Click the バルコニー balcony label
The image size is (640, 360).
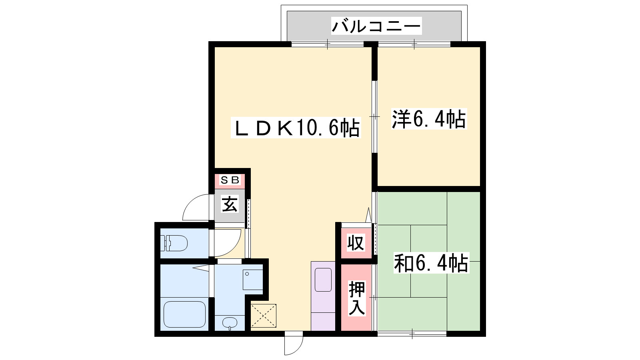[x=376, y=26]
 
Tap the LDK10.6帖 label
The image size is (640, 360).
[x=296, y=128]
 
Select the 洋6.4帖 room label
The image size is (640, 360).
[x=429, y=118]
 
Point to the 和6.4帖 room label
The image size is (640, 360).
[x=431, y=262]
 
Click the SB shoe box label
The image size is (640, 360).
[x=230, y=180]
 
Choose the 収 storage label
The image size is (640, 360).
[x=356, y=243]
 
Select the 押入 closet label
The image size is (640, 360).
[x=357, y=298]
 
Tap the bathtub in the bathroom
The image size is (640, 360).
[x=184, y=314]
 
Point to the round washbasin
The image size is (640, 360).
[x=230, y=323]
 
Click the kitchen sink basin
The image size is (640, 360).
[x=323, y=280]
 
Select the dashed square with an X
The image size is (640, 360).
[x=264, y=316]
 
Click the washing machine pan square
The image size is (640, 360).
[x=253, y=280]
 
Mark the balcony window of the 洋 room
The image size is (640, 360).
[x=414, y=44]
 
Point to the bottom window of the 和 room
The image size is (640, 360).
[x=412, y=334]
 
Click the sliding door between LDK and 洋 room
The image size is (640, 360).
[x=374, y=116]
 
